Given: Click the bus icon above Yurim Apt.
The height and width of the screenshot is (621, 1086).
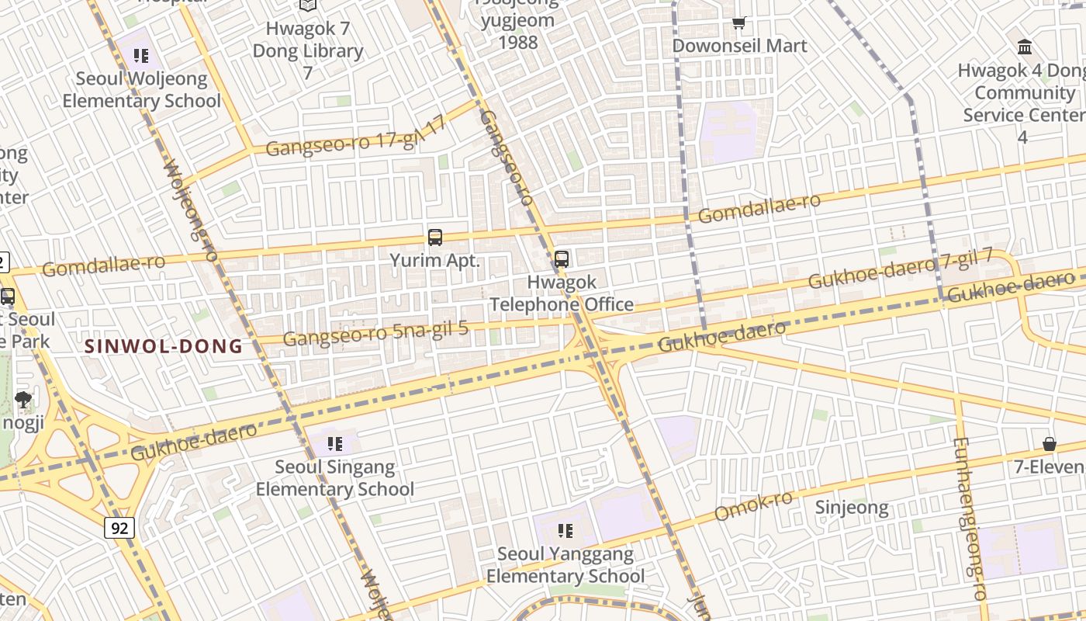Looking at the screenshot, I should (435, 238).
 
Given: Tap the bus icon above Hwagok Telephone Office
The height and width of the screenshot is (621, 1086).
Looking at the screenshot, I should (562, 259).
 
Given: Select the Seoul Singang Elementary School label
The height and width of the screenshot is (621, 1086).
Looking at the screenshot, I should (335, 478).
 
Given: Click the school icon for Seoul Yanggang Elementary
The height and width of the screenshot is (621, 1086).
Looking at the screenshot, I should (565, 531).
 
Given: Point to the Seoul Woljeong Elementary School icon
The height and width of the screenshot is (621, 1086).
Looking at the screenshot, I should (140, 55).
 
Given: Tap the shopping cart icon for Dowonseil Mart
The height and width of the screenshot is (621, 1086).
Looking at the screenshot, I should (739, 23).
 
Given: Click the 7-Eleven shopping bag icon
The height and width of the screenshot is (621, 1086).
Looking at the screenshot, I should (1050, 444).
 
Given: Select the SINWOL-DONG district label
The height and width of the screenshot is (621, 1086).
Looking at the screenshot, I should (164, 346).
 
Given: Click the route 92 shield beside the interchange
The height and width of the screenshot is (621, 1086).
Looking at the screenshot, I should (119, 529).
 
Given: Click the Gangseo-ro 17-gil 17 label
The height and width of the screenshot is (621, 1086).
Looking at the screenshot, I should (357, 137).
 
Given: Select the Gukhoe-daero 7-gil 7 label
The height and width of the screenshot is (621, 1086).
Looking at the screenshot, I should (901, 268).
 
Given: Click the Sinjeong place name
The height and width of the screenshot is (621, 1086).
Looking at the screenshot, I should (852, 508).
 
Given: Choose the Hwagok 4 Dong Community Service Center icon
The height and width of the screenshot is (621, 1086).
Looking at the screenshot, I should (1025, 47).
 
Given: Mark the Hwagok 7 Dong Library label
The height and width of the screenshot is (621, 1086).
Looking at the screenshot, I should (308, 50).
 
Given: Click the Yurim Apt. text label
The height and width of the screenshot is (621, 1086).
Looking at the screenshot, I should (435, 261).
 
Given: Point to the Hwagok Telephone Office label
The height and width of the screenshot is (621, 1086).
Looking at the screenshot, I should (562, 293).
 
